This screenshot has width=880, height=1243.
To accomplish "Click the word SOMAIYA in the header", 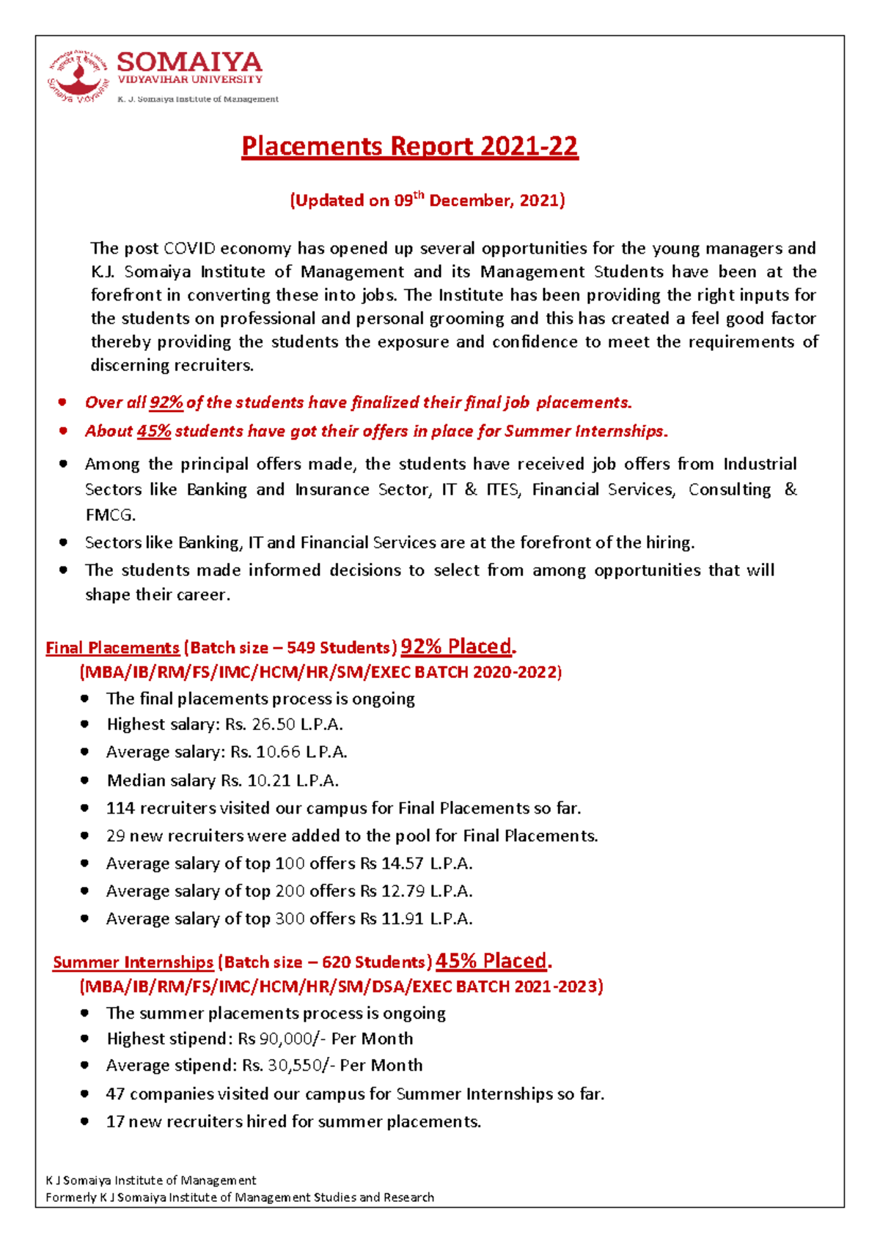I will coord(189,62).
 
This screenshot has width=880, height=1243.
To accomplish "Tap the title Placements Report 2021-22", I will coord(410,147).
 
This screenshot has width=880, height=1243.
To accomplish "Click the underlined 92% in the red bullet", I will coord(166,402).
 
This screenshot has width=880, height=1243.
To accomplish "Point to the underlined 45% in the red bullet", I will coord(154,431).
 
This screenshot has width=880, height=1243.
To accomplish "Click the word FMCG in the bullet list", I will coord(110,515).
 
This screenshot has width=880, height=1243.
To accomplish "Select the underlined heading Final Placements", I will coord(112,648).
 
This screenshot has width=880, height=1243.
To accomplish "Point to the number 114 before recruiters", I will coord(120,808).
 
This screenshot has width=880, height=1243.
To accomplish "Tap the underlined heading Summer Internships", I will coord(133,962).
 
